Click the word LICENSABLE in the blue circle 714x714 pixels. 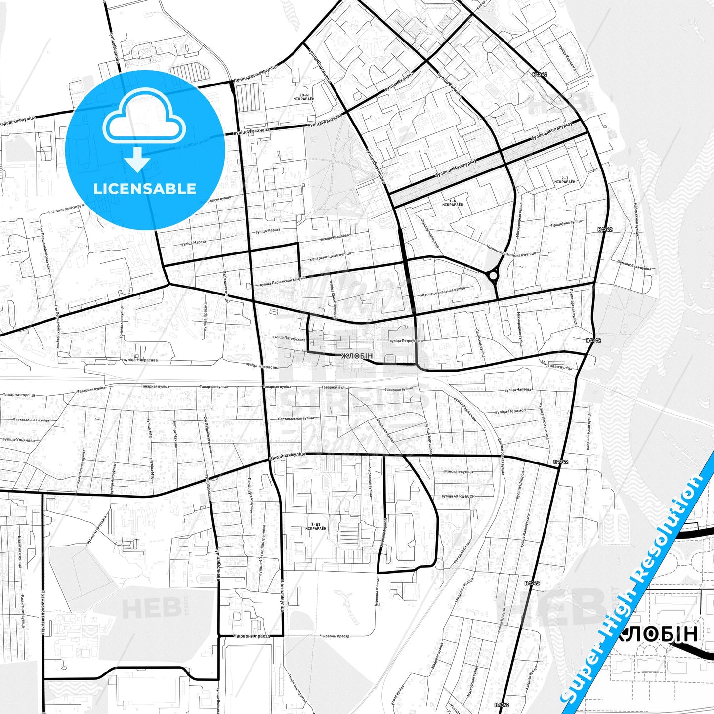(x=145, y=189)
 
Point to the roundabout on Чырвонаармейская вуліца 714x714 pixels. (x=493, y=275)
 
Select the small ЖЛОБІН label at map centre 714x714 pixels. (x=356, y=356)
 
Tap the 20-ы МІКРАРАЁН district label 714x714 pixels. (x=307, y=97)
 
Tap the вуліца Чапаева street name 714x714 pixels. (x=517, y=390)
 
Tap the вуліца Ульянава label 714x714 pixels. (x=18, y=440)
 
